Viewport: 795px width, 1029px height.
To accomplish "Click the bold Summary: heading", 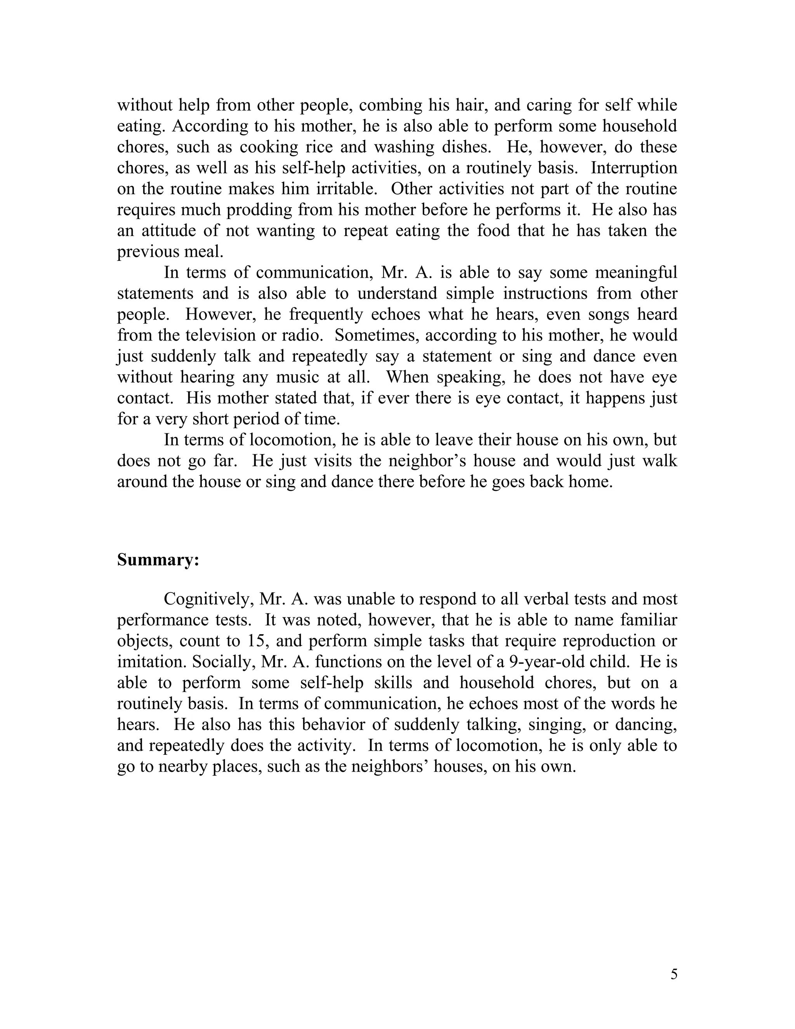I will pyautogui.click(x=158, y=560).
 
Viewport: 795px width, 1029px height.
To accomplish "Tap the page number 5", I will pyautogui.click(x=674, y=974).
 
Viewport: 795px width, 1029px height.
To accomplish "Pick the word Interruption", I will pyautogui.click(x=634, y=168).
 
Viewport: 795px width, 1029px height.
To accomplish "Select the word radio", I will pyautogui.click(x=301, y=335).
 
